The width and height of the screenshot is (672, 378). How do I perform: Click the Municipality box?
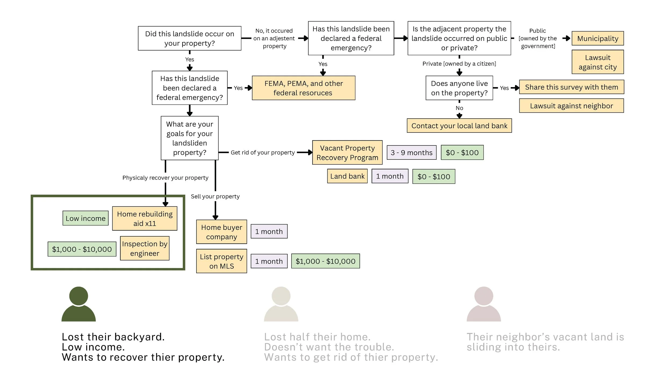click(x=598, y=38)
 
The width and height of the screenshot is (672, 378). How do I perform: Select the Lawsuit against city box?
click(x=598, y=62)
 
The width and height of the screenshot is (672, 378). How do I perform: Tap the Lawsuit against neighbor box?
click(x=571, y=106)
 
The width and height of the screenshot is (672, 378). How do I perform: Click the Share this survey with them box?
click(x=571, y=87)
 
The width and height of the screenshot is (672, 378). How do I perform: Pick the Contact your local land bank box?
click(x=459, y=126)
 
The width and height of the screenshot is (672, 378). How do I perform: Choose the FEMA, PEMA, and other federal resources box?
click(x=303, y=88)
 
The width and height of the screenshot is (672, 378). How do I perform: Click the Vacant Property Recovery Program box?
click(x=347, y=152)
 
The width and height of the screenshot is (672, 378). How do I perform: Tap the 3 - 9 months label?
click(x=412, y=152)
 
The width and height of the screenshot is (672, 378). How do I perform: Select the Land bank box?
click(x=347, y=176)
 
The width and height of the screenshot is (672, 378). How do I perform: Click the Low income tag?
click(x=85, y=218)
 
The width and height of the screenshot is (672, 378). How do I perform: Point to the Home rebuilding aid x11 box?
click(x=145, y=219)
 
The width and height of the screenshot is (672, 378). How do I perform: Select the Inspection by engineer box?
click(x=145, y=248)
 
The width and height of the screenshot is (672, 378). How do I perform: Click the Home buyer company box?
click(x=221, y=232)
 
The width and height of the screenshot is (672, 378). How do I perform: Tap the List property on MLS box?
click(x=221, y=261)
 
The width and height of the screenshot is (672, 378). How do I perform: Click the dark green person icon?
click(x=78, y=304)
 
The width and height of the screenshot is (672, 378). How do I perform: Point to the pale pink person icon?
click(x=484, y=304)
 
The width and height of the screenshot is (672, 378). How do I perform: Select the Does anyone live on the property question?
click(x=459, y=88)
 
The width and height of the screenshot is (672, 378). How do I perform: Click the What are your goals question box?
click(x=190, y=138)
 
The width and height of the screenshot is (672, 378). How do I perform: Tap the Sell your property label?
click(x=215, y=196)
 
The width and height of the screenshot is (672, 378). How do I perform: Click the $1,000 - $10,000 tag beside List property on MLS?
click(x=325, y=261)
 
